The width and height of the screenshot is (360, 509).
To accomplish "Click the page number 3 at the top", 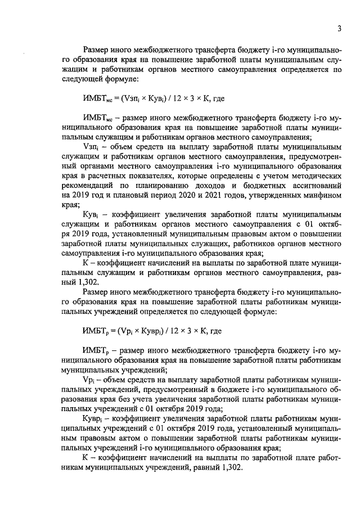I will click(340, 29).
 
